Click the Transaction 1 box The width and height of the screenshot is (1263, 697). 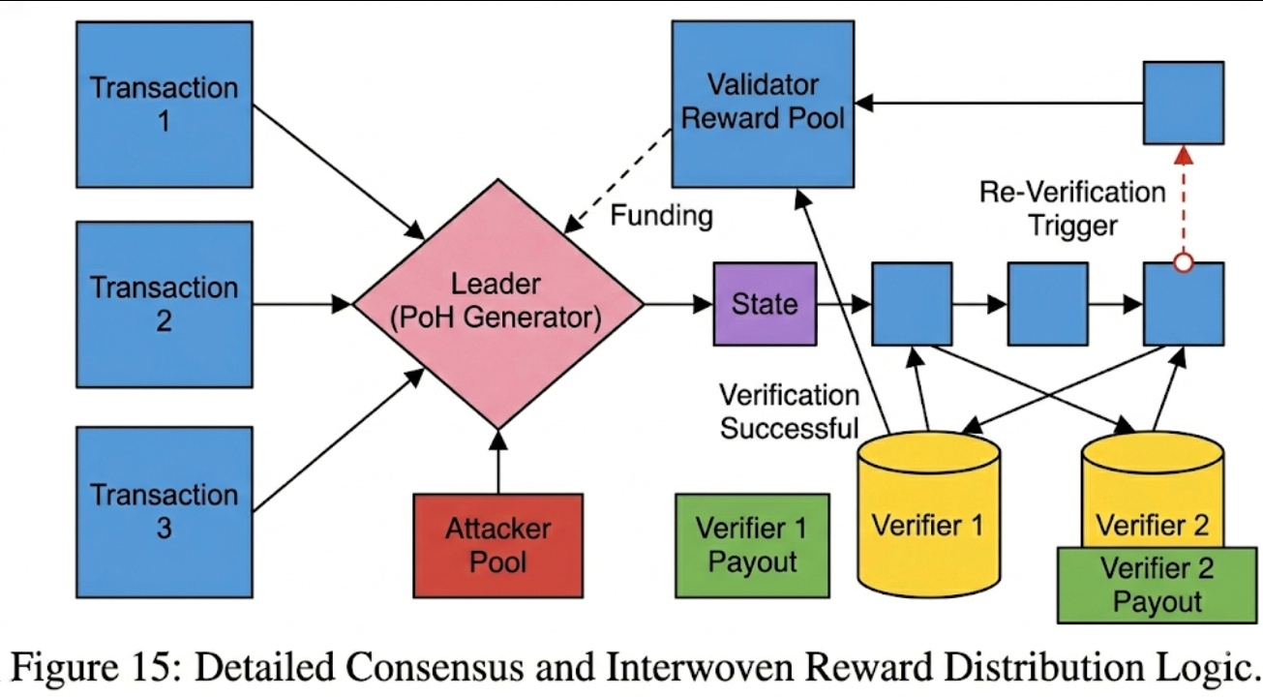pos(165,104)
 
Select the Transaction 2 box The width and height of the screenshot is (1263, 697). pos(165,304)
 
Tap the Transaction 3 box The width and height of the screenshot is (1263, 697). pos(165,511)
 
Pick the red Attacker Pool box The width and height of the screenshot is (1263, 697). pos(497,545)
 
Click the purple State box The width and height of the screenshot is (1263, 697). pos(765,304)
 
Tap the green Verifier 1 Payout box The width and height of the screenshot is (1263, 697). pos(752,545)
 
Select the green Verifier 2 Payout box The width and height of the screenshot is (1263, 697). pos(1156,586)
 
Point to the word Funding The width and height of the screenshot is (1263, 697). pos(661,215)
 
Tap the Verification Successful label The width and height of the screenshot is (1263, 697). pos(789,410)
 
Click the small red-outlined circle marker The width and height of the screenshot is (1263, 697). pos(1182,262)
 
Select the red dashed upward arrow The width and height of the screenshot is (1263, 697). pos(1182,203)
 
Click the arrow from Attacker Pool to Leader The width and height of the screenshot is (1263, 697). pos(497,462)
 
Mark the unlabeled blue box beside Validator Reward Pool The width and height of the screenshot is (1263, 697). pos(1183,103)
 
